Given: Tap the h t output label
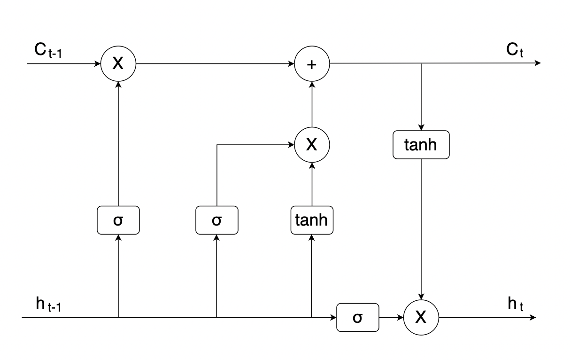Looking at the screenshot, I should click(x=515, y=304).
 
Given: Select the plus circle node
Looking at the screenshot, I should click(x=312, y=63).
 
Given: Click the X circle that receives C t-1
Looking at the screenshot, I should click(x=118, y=63).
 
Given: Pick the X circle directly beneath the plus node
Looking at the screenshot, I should click(x=312, y=145).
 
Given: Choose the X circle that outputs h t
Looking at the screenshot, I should click(x=421, y=317).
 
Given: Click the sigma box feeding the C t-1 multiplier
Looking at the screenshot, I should click(x=118, y=220).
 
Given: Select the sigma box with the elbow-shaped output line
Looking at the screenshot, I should click(x=216, y=220).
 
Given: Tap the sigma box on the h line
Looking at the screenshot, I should click(x=357, y=317).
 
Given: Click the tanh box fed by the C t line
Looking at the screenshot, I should click(x=421, y=145).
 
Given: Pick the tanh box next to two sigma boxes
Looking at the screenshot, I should click(x=312, y=220).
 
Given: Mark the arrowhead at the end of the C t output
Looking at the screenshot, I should click(x=538, y=63).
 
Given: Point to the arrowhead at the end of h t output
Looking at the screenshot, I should click(x=533, y=317).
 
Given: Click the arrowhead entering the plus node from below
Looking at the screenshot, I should click(x=312, y=83).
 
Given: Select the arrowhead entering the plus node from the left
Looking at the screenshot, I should click(x=292, y=63).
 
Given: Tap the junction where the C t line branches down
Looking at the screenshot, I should click(x=421, y=63).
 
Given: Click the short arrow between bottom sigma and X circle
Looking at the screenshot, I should click(x=391, y=317).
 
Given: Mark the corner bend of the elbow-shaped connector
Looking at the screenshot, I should click(x=216, y=145).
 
